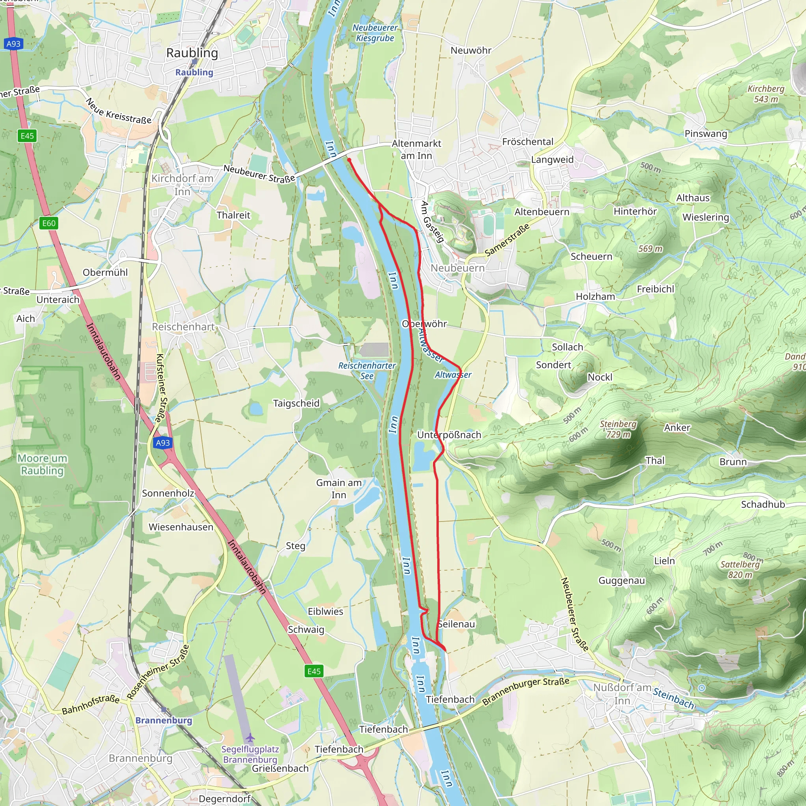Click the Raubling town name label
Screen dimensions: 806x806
192,53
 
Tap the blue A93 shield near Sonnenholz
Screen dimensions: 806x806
163,443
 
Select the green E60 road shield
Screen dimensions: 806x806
49,223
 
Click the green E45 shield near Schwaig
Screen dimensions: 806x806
314,671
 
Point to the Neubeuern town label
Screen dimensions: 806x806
457,268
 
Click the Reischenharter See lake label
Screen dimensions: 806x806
367,370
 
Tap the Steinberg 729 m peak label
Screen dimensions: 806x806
618,429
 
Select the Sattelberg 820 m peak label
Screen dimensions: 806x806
740,569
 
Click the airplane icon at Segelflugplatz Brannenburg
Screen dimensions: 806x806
250,738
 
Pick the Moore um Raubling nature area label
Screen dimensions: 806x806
42,464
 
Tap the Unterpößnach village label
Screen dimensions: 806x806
449,435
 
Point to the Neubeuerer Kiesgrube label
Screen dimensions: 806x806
375,33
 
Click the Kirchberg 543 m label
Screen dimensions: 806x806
765,94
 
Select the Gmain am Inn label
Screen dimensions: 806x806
339,488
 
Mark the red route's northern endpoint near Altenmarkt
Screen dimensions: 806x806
349,159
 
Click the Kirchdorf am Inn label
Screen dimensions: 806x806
182,185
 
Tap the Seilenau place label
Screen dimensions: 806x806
457,624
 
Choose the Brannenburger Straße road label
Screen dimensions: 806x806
526,692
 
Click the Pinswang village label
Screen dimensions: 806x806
706,133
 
